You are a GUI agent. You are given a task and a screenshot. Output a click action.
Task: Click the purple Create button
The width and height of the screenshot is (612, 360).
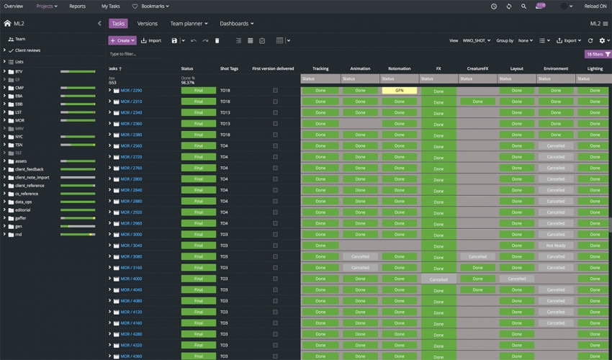coord(122,40)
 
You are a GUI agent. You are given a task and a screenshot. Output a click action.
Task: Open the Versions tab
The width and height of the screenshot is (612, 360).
coord(147,24)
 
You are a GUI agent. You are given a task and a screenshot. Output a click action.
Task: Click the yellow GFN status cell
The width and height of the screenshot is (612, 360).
coord(399,91)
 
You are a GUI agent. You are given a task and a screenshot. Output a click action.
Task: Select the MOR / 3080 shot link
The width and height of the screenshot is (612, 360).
coord(131,256)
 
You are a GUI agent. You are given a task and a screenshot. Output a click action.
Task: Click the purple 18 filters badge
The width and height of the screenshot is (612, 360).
coord(597,54)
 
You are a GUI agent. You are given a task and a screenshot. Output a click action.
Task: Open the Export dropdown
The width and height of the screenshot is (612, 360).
coord(569,40)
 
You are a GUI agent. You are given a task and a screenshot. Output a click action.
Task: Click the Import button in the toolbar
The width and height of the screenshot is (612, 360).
coord(151,40)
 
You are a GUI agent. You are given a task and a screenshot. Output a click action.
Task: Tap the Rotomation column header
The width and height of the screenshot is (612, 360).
coord(399,68)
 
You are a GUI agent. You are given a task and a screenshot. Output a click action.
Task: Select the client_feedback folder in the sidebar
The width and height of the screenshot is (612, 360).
coord(30,169)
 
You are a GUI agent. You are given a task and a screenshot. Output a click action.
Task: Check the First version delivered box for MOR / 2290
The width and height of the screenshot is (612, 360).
coord(275,91)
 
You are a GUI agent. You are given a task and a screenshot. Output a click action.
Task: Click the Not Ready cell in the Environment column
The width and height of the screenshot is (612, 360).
coord(555,246)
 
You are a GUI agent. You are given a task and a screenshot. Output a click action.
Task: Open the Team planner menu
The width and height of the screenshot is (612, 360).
coord(189,24)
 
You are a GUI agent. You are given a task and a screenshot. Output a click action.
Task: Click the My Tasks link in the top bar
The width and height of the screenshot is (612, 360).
coord(110,6)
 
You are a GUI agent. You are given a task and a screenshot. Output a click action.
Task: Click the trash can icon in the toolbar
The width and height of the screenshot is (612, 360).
coord(217,40)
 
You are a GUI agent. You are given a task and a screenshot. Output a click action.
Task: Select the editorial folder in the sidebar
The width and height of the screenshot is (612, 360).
coord(23,210)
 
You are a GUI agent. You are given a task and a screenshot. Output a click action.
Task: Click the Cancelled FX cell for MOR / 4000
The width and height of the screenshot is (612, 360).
coord(438,279)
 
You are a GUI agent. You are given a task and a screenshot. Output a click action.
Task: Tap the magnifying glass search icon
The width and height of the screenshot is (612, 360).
coord(523,6)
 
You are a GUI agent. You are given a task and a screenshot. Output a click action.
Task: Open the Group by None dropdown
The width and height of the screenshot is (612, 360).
coord(525,40)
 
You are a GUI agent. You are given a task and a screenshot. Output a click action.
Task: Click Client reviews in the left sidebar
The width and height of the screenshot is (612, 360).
coord(27,50)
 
